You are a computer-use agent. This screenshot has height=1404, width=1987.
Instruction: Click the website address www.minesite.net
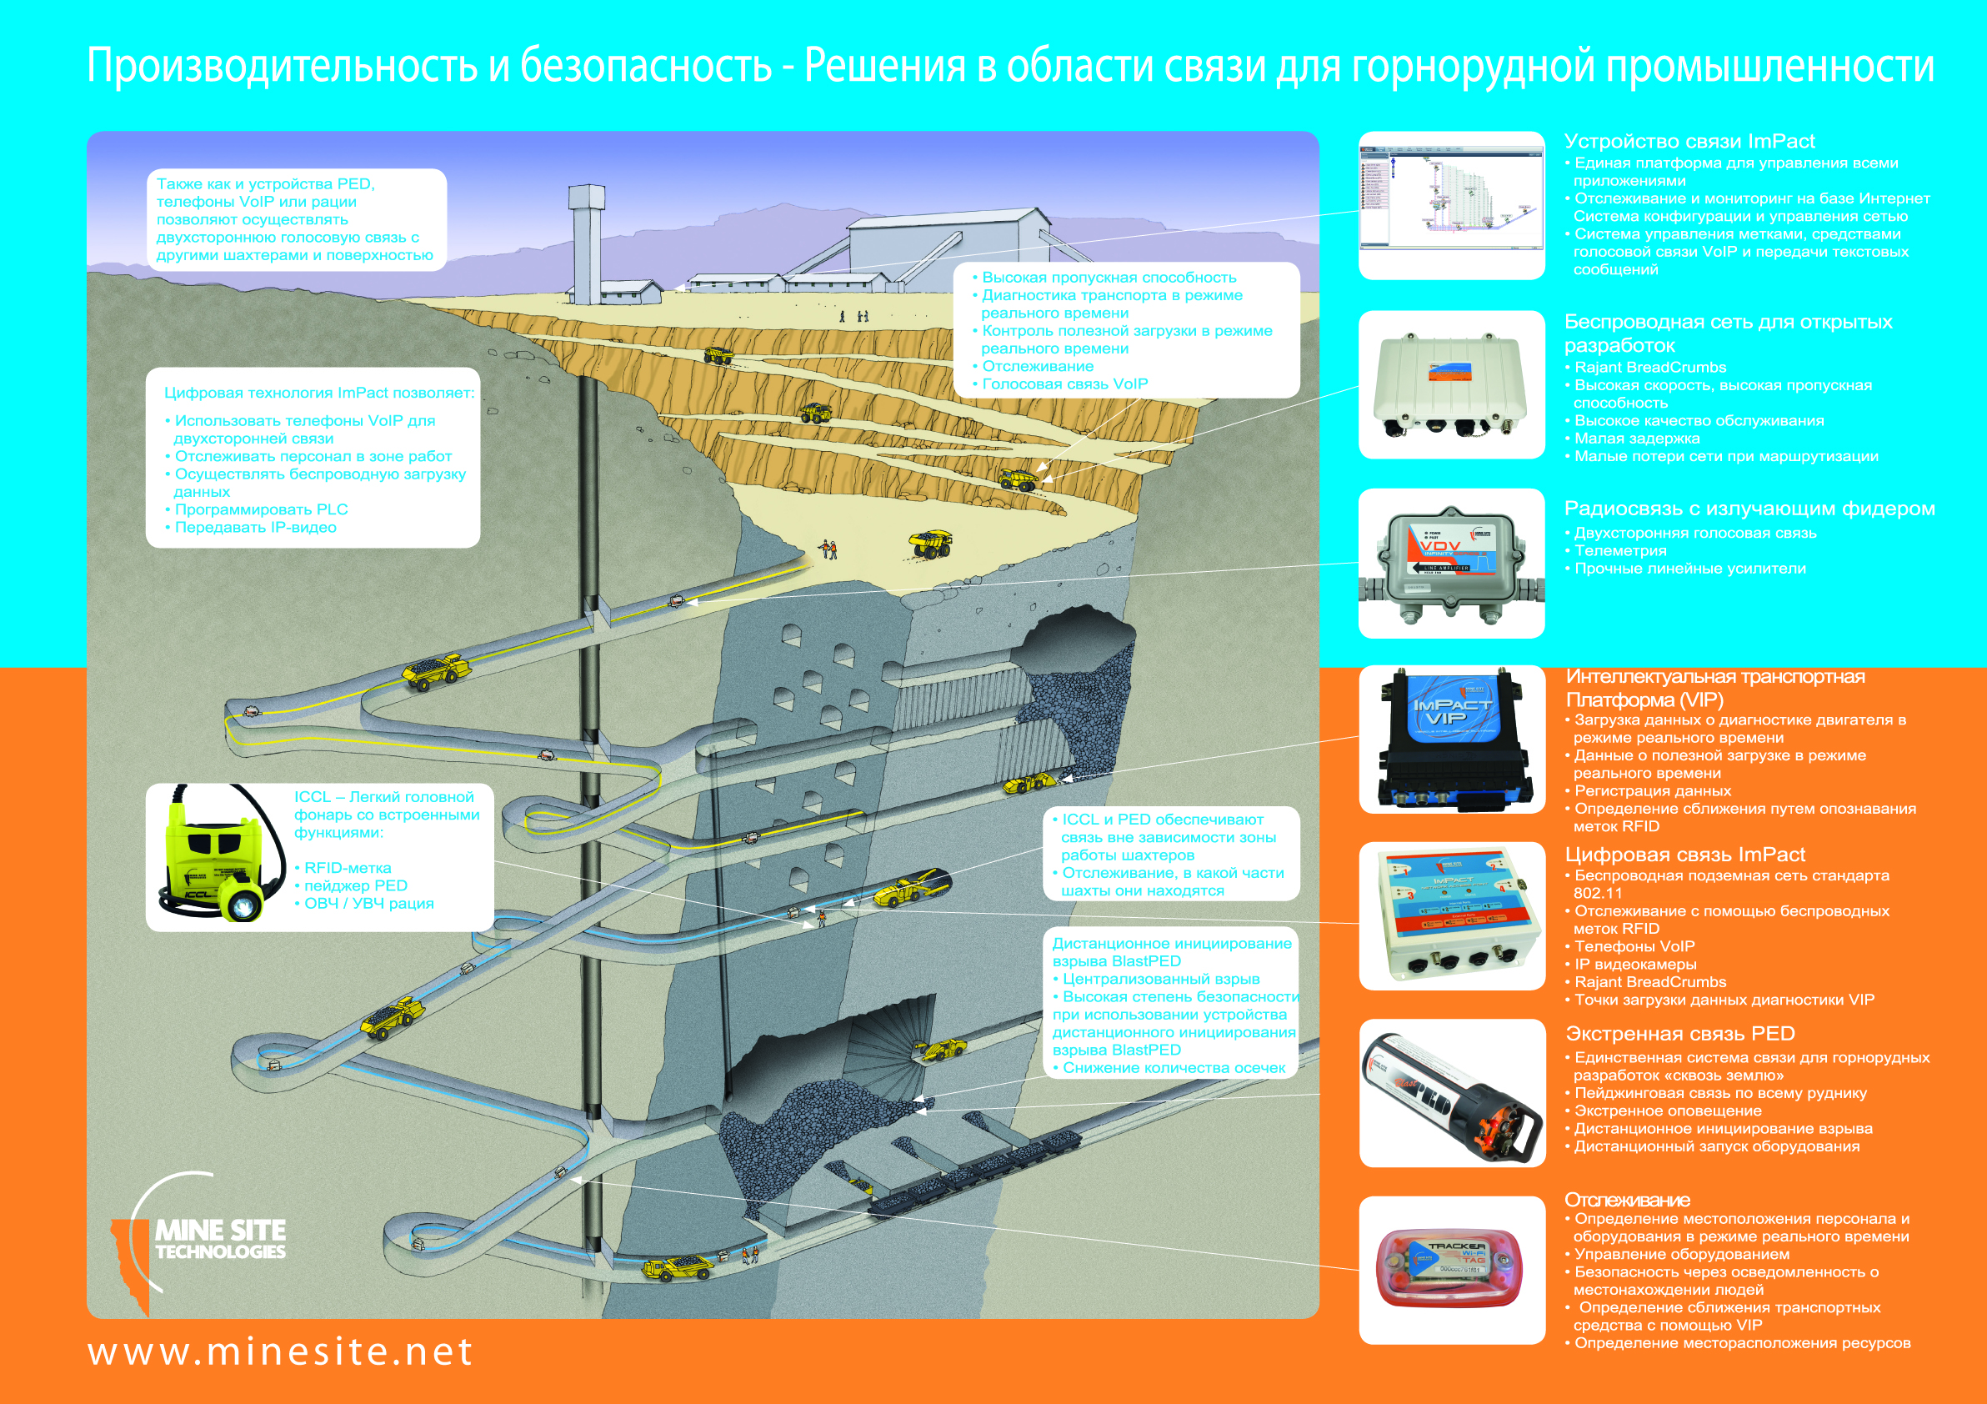point(280,1352)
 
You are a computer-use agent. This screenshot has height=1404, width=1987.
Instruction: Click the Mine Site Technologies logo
point(208,1240)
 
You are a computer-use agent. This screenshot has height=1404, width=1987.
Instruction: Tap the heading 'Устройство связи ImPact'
point(1689,142)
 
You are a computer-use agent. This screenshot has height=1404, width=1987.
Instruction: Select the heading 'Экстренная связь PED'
point(1679,1034)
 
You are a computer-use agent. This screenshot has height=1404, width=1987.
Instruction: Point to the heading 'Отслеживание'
point(1627,1200)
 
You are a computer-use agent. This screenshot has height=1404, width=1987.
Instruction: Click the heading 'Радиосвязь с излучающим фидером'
point(1749,509)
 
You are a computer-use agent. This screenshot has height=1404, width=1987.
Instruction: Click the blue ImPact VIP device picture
point(1451,740)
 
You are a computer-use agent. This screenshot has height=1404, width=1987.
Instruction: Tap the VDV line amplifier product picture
point(1451,564)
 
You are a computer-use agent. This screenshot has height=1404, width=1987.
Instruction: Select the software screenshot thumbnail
point(1451,205)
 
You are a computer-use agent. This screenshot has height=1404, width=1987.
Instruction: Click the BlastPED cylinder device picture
point(1451,1092)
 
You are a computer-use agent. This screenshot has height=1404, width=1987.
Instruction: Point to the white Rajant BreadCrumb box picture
point(1451,384)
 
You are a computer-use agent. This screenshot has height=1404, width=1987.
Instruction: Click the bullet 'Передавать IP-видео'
point(255,528)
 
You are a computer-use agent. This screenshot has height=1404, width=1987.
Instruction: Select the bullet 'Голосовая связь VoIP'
point(1064,384)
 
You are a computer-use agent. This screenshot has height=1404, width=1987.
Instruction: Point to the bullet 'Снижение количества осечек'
point(1174,1068)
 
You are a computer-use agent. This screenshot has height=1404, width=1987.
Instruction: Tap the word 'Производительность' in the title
point(282,67)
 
